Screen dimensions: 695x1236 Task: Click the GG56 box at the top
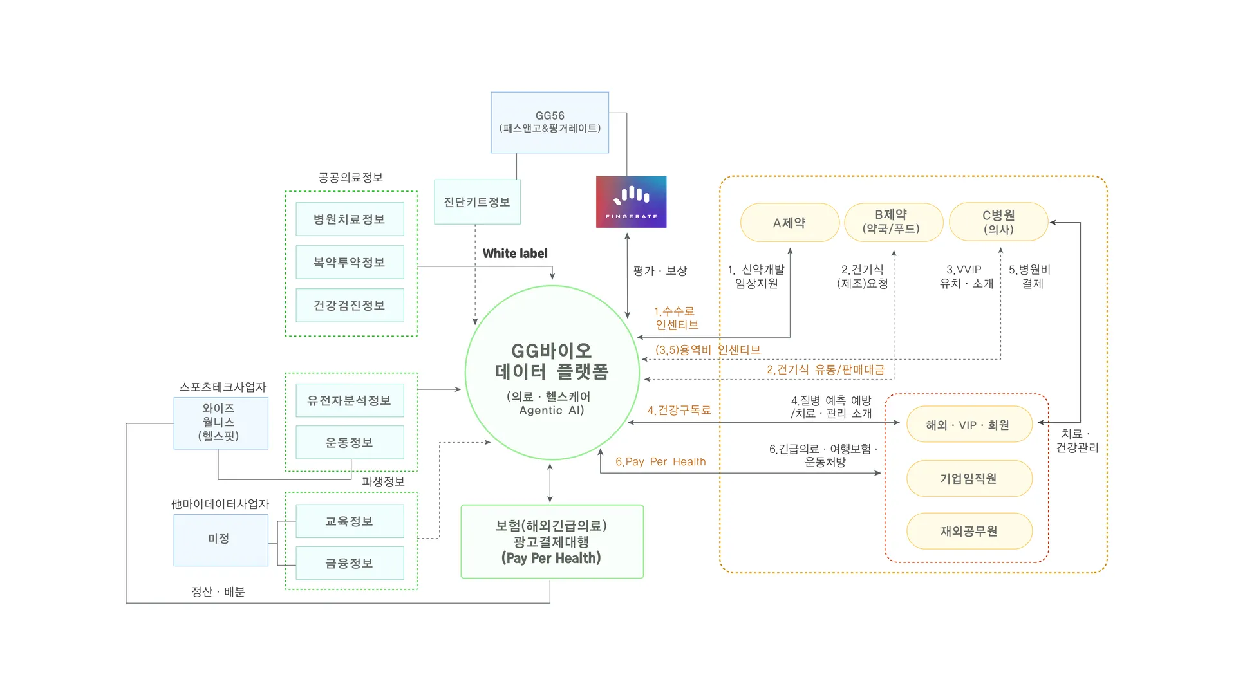(x=550, y=122)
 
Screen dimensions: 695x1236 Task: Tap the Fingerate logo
(x=631, y=201)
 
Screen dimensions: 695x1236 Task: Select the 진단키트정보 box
(x=477, y=202)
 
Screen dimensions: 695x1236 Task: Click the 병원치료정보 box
(x=350, y=219)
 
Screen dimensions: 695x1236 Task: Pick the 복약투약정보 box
(x=350, y=263)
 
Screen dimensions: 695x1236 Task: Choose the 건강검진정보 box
(x=350, y=306)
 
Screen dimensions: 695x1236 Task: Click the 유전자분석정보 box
(x=350, y=400)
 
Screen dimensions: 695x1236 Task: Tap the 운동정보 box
(x=350, y=443)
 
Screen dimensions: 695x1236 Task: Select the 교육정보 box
(x=350, y=521)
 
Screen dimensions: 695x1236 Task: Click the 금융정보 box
(x=350, y=564)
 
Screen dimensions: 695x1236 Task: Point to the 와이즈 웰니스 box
(x=220, y=423)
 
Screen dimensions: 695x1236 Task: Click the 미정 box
(x=220, y=539)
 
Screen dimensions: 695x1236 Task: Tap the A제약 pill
(x=789, y=223)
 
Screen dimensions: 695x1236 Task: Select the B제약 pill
(x=893, y=222)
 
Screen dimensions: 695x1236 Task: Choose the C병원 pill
(x=998, y=222)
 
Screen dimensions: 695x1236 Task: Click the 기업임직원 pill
(x=969, y=478)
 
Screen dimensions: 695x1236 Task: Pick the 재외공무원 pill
(x=969, y=531)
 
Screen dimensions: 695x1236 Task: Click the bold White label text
(x=515, y=254)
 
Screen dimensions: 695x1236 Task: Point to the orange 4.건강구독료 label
(x=679, y=411)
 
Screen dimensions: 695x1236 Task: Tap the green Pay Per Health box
(x=552, y=542)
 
